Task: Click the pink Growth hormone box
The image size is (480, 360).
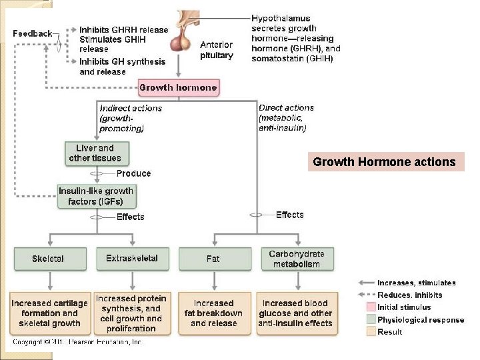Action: pyautogui.click(x=178, y=87)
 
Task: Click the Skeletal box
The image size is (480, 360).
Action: pyautogui.click(x=48, y=259)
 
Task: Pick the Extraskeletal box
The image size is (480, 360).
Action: pyautogui.click(x=132, y=259)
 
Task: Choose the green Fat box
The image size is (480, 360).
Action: pyautogui.click(x=213, y=259)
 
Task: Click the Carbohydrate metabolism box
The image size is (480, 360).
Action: pyautogui.click(x=296, y=259)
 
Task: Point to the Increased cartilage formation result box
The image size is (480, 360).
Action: pyautogui.click(x=50, y=313)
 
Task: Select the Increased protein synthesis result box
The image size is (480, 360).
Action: pyautogui.click(x=131, y=313)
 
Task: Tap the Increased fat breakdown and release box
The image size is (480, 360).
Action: pyautogui.click(x=213, y=313)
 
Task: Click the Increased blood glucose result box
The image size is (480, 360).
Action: pyautogui.click(x=296, y=313)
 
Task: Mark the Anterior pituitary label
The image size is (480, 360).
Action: pyautogui.click(x=217, y=50)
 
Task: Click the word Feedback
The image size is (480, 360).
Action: pyautogui.click(x=32, y=33)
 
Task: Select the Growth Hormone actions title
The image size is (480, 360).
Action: pyautogui.click(x=385, y=162)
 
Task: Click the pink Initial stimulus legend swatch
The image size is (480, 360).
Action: pyautogui.click(x=371, y=307)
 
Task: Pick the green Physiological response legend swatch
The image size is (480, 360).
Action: pyautogui.click(x=371, y=319)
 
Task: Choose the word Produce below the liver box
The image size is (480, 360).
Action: pyautogui.click(x=133, y=173)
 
